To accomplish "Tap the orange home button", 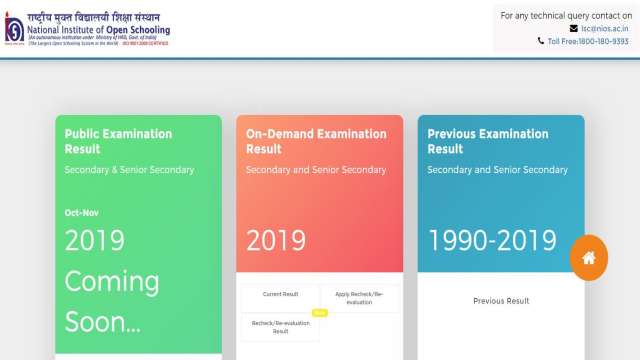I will tap(589, 258).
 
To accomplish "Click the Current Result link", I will tap(280, 294).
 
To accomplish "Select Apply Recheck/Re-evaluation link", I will tap(359, 298).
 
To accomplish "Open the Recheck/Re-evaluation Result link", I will tap(280, 327).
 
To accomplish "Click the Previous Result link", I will tap(501, 300).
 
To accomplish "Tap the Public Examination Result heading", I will tap(118, 141).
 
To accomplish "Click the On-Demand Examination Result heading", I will tap(316, 141).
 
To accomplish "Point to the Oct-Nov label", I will tap(83, 213).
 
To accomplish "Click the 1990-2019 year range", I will tap(492, 240).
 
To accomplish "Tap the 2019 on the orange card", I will tap(276, 240).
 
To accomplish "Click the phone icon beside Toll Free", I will tap(541, 41).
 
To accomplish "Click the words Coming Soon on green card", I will tap(112, 300).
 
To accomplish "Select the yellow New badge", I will tap(320, 313).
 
